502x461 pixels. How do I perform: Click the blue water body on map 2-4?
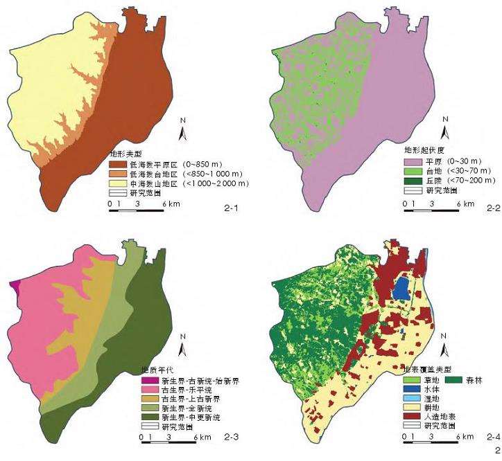[x=401, y=288]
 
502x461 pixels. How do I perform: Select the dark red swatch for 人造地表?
[x=412, y=417]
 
